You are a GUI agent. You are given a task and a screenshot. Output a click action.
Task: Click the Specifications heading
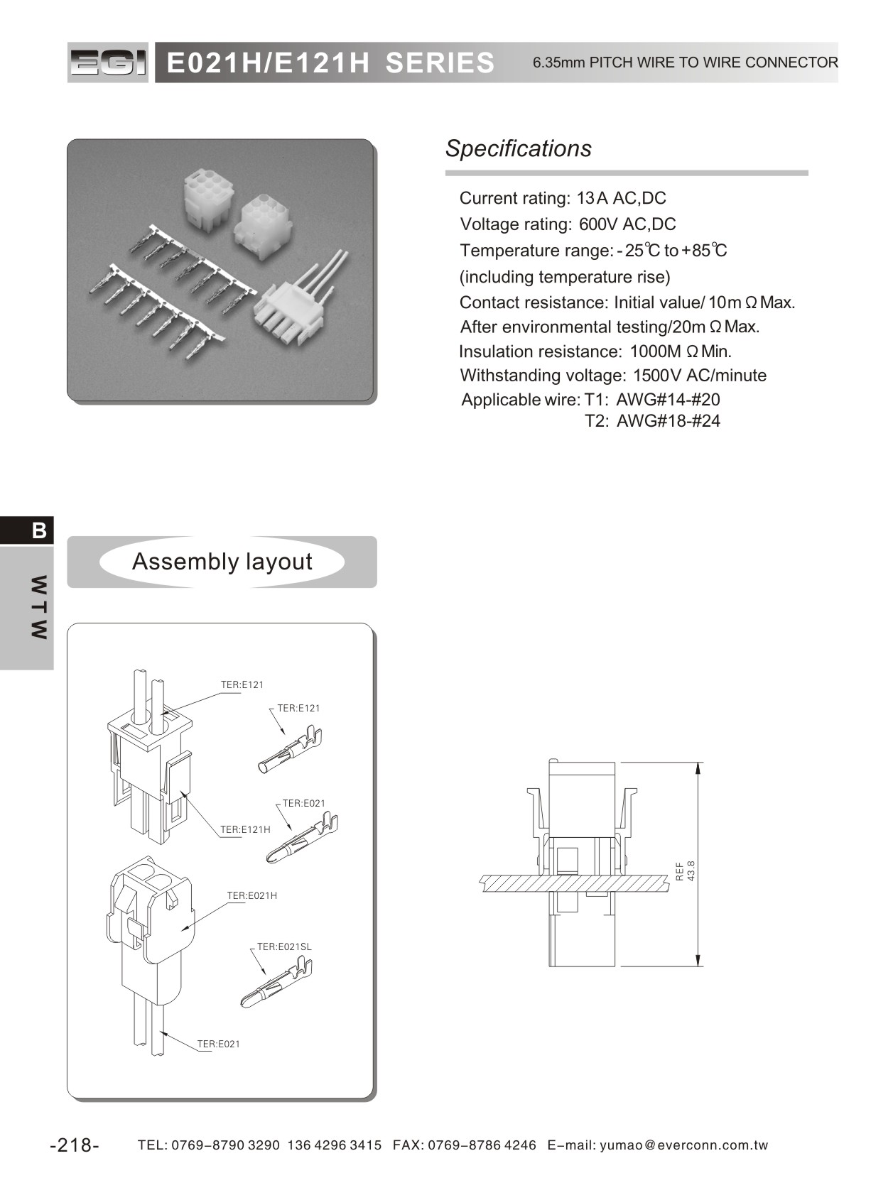(x=518, y=148)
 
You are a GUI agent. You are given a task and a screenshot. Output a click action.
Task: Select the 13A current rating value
(x=592, y=198)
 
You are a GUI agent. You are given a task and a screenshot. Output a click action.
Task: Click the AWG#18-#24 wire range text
(x=668, y=421)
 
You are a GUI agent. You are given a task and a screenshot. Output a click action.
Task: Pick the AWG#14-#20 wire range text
(x=668, y=400)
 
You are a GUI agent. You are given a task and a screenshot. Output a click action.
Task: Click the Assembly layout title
(x=222, y=562)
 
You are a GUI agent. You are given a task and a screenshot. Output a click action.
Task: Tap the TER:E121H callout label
(x=245, y=829)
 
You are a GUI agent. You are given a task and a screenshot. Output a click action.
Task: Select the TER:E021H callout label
(x=252, y=895)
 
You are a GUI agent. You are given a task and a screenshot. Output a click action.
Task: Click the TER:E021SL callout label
(x=284, y=946)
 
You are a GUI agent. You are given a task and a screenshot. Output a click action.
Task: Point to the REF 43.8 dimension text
(x=685, y=871)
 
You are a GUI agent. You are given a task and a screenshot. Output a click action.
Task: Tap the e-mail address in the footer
(x=684, y=1145)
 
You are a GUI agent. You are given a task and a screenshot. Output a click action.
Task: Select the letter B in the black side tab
(x=39, y=530)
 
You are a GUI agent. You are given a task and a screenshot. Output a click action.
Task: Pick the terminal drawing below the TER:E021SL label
(x=277, y=983)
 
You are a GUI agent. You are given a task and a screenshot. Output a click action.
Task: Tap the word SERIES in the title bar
(x=440, y=63)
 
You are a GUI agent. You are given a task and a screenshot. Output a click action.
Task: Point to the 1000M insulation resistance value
(x=655, y=351)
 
